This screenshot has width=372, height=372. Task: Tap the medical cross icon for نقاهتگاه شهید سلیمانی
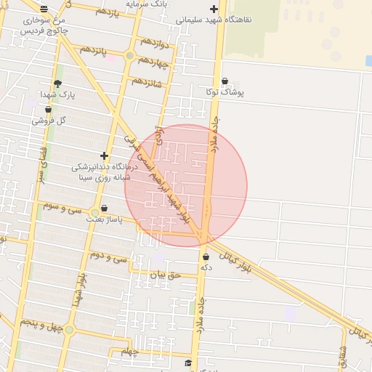(x=214, y=9)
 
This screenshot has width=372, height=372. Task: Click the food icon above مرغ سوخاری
(x=44, y=9)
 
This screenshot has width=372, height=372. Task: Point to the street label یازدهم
(x=106, y=12)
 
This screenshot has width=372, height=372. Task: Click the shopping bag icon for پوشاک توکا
(x=225, y=81)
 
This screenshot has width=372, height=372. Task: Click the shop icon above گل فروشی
(x=49, y=109)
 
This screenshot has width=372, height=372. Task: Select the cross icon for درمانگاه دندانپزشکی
(x=105, y=155)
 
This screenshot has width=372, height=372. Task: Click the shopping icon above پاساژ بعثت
(x=105, y=209)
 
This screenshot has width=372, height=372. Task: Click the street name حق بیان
(x=163, y=275)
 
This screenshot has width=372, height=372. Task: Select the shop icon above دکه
(x=206, y=256)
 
